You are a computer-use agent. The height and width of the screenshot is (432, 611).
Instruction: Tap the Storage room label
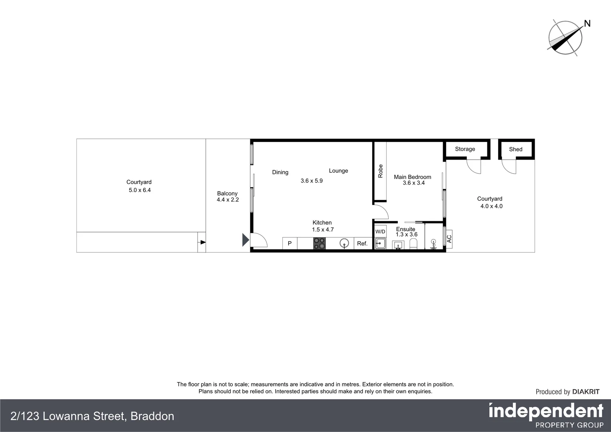pyautogui.click(x=465, y=149)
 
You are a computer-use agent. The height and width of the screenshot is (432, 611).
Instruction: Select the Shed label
pyautogui.click(x=515, y=150)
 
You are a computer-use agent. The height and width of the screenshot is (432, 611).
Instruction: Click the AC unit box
pyautogui.click(x=449, y=239)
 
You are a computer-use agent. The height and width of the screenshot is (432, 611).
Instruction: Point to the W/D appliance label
pyautogui.click(x=380, y=232)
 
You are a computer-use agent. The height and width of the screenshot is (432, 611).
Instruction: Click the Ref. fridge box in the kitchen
pyautogui.click(x=362, y=243)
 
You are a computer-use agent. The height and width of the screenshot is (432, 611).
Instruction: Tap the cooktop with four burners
pyautogui.click(x=319, y=243)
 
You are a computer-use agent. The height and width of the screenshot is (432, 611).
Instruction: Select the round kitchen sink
pyautogui.click(x=344, y=243)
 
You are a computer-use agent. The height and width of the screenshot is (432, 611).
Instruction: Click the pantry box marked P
pyautogui.click(x=290, y=243)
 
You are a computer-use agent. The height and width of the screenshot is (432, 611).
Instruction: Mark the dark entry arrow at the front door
pyautogui.click(x=246, y=240)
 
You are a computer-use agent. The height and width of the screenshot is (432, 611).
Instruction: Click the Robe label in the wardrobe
pyautogui.click(x=380, y=171)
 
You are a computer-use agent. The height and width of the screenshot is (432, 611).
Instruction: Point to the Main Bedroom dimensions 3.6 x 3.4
pyautogui.click(x=413, y=183)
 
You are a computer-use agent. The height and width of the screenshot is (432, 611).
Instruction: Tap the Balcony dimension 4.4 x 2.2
pyautogui.click(x=228, y=200)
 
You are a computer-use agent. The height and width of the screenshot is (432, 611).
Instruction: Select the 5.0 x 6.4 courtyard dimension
pyautogui.click(x=140, y=190)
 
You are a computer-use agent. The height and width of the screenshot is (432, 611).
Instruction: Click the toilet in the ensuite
pyautogui.click(x=413, y=244)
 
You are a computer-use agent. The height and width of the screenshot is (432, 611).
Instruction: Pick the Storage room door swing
pyautogui.click(x=473, y=166)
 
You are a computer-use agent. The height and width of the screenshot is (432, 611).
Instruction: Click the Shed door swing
pyautogui.click(x=509, y=166)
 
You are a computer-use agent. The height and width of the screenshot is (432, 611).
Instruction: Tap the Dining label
pyautogui.click(x=280, y=172)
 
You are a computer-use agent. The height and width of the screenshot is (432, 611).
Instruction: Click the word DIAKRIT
pyautogui.click(x=586, y=392)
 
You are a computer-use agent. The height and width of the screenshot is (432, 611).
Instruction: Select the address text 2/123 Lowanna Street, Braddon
pyautogui.click(x=92, y=416)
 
